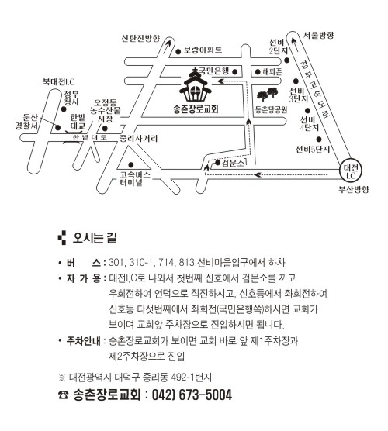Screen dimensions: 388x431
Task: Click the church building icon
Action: click(195, 85)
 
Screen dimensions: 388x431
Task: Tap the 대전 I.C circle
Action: click(351, 171)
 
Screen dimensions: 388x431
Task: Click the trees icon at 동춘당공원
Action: click(267, 94)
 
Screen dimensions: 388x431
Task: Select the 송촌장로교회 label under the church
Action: click(196, 109)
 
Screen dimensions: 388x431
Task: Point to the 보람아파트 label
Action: click(203, 50)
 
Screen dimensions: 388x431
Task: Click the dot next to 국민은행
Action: click(234, 72)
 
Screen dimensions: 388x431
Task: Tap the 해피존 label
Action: click(272, 72)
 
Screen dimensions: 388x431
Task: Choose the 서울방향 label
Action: click(319, 35)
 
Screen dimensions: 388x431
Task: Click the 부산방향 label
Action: click(353, 189)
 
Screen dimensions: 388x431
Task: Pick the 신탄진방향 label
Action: click(140, 38)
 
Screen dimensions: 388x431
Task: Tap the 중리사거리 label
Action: click(138, 138)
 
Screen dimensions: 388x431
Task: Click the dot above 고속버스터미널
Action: click(131, 165)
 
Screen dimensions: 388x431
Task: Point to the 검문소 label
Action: click(233, 163)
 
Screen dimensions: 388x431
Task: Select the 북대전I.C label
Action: click(59, 81)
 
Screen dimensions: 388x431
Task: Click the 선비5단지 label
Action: click(313, 150)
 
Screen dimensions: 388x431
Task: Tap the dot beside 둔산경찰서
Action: click(58, 128)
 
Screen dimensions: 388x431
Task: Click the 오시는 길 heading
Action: click(95, 238)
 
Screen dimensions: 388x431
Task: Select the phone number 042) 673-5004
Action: click(192, 395)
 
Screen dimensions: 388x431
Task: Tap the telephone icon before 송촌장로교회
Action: click(64, 395)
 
